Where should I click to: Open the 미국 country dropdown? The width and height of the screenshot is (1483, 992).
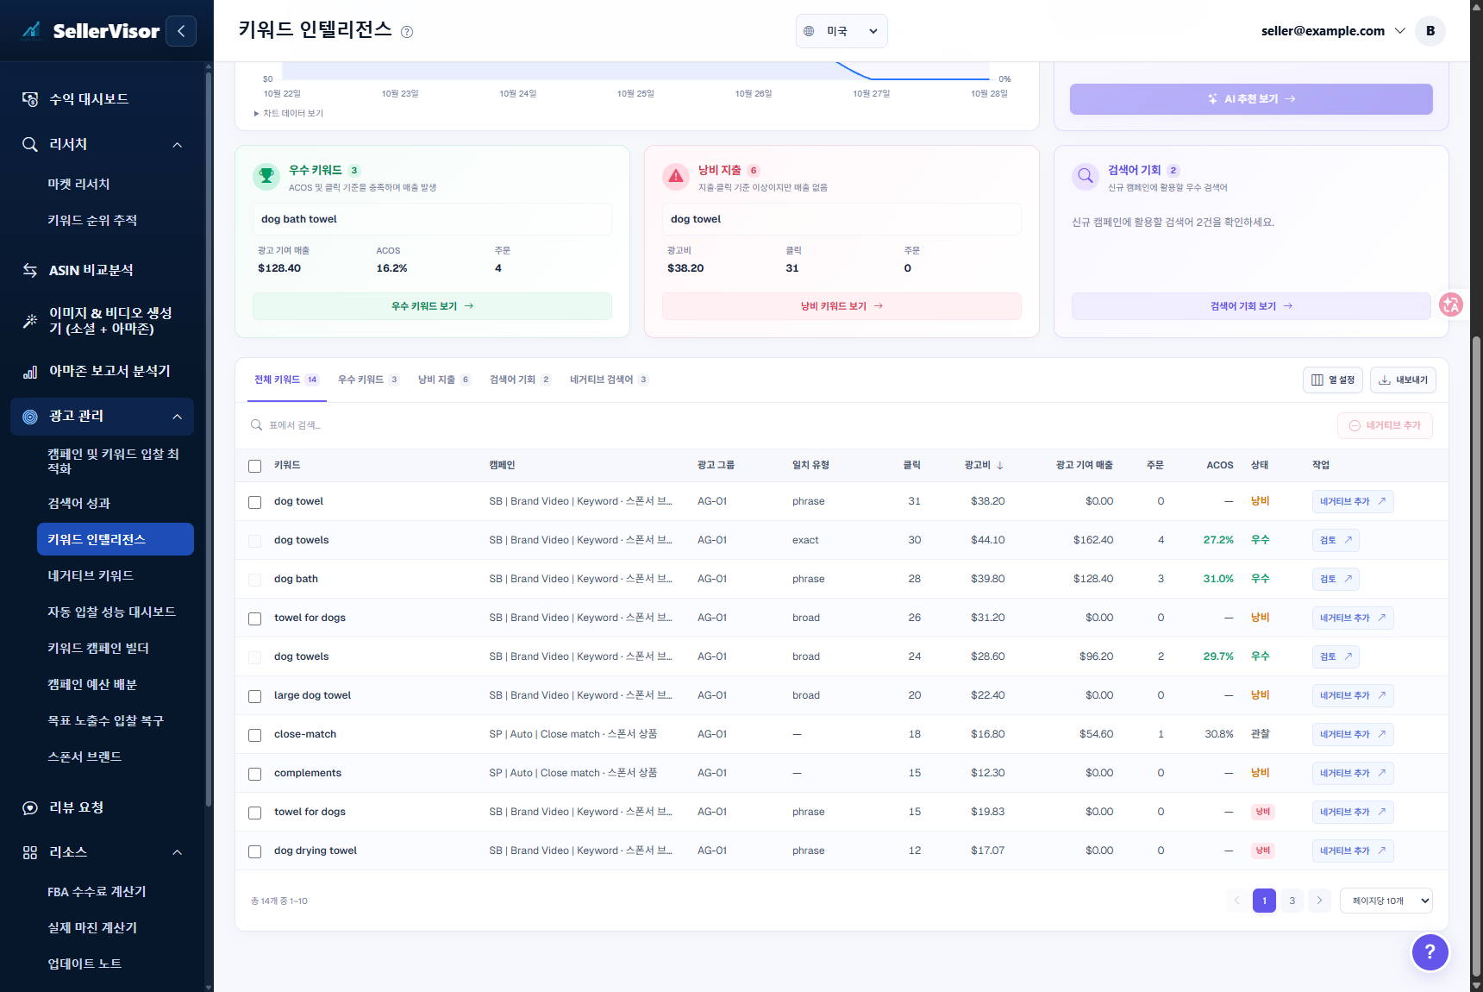842,31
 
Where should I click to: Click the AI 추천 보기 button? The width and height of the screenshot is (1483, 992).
1251,99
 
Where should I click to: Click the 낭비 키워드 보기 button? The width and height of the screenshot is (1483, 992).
842,306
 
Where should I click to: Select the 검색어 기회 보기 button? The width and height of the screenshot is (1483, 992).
1251,306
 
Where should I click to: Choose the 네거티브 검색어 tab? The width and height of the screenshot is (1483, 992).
609,380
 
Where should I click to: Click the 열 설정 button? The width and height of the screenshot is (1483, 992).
1332,380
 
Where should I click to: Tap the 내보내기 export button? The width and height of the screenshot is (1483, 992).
1403,380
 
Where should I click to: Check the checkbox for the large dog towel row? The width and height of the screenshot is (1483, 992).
254,696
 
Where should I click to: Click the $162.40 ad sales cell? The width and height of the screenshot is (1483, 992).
1093,540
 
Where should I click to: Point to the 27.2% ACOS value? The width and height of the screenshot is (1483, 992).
1218,540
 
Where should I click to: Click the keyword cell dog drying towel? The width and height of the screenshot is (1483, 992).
316,851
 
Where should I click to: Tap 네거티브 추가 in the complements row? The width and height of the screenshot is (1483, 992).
1353,773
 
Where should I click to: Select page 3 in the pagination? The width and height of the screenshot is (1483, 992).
1292,901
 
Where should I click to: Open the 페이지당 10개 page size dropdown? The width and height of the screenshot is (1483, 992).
1386,901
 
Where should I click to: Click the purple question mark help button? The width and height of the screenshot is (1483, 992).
1430,952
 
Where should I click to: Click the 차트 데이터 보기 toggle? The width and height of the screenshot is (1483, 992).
288,113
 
